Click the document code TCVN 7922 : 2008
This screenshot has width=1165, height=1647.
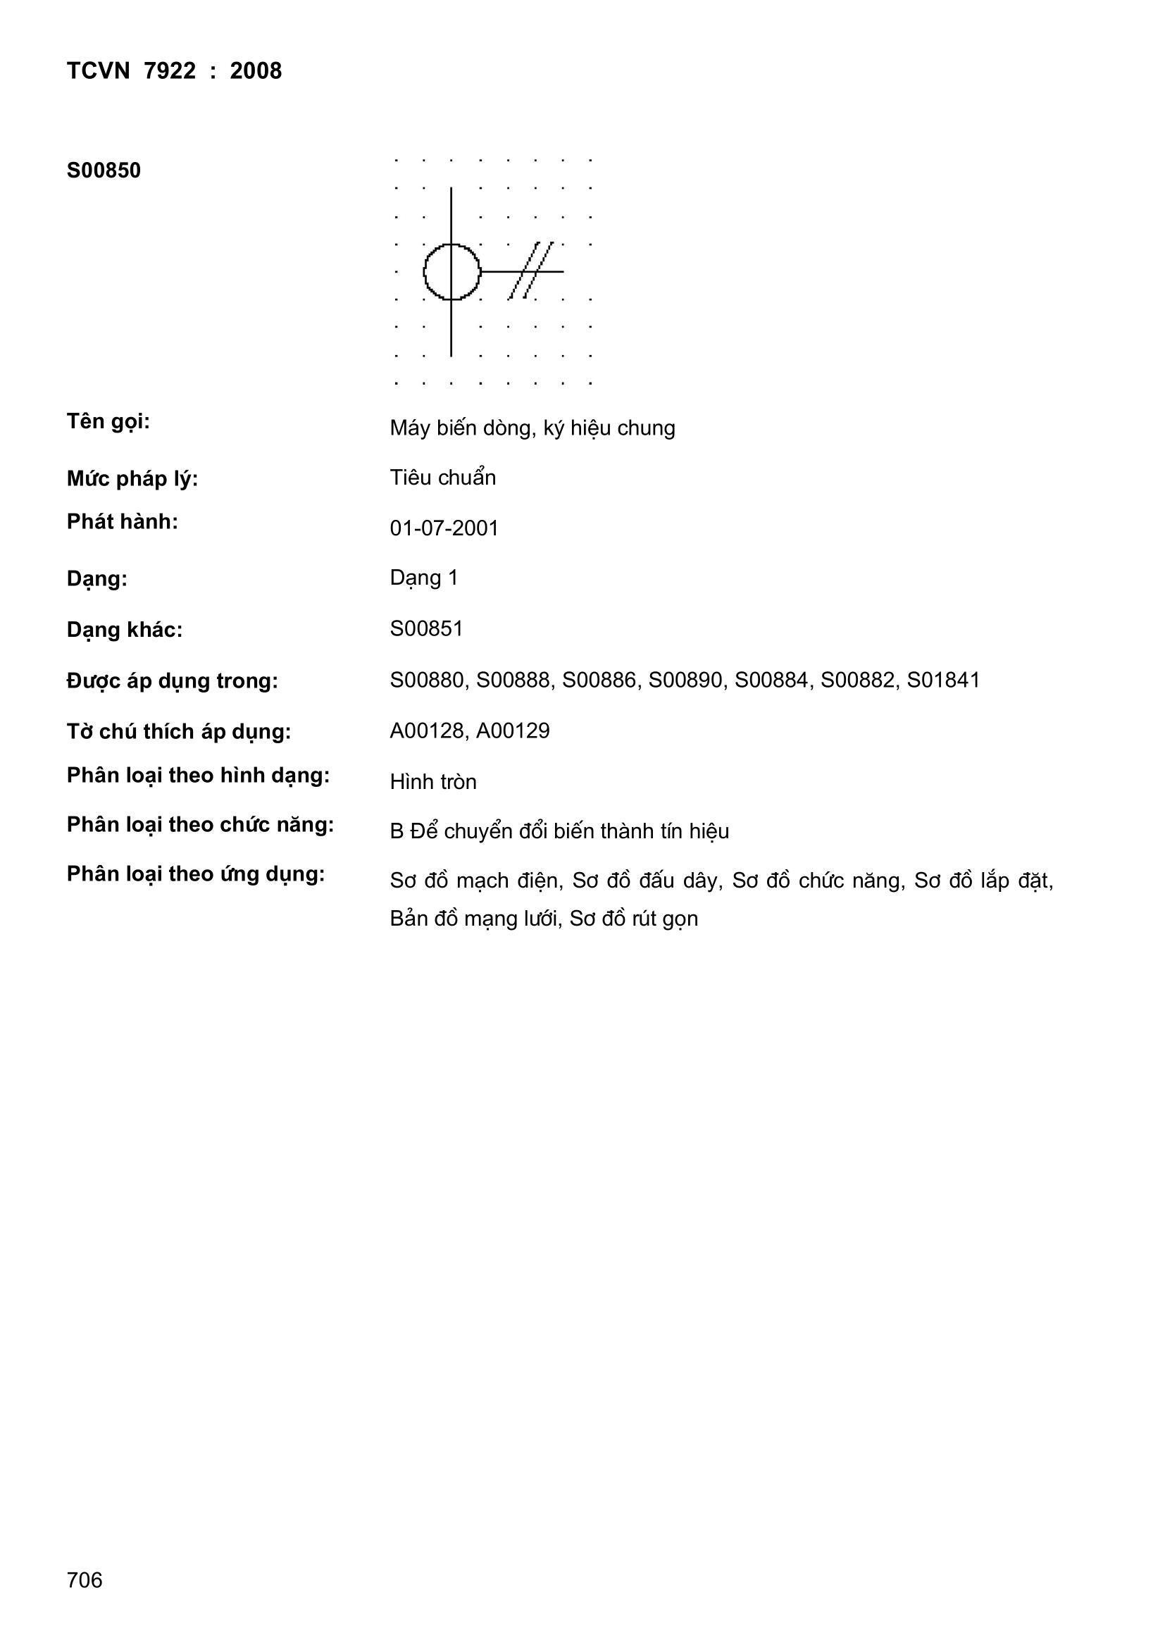coord(174,71)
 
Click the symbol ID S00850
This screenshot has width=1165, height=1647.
coord(104,170)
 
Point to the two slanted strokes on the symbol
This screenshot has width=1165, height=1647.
coord(531,271)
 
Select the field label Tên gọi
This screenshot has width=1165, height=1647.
coord(108,421)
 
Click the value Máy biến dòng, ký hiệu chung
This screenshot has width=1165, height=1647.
coord(532,428)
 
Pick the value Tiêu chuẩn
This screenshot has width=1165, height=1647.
coord(442,478)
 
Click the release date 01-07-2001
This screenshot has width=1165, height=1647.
coord(444,528)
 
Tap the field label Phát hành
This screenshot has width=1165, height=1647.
coord(123,522)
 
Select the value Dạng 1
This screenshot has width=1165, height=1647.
coord(424,578)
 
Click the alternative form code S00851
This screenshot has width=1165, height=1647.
coord(427,629)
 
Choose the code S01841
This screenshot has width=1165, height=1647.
coord(943,680)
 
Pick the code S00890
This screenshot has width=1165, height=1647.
coord(685,680)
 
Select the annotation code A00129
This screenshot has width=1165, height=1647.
coord(513,731)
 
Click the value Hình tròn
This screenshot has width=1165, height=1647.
coord(433,782)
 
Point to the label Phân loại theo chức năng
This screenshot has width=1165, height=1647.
coord(200,826)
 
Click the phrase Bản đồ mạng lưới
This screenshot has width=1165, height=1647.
coord(474,919)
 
